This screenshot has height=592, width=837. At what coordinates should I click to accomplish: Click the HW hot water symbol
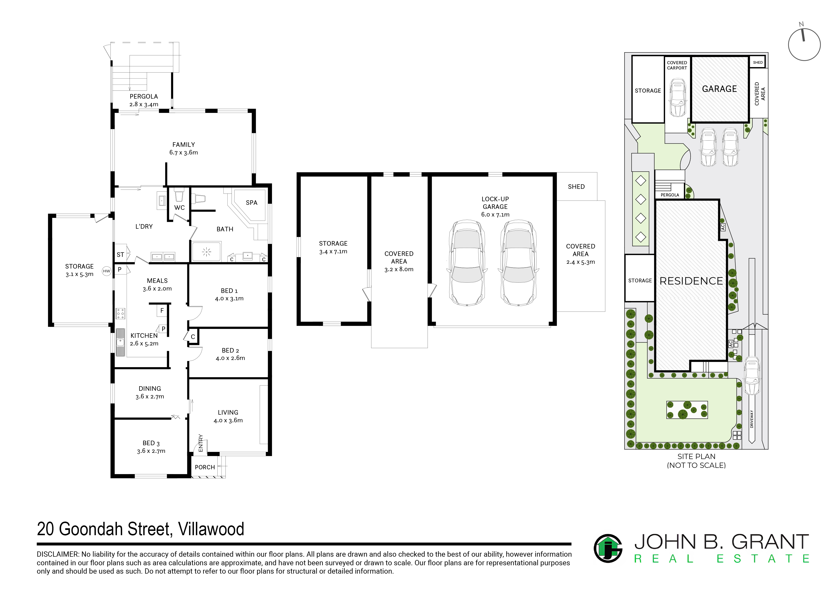[106, 271]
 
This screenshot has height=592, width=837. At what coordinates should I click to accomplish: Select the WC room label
[179, 207]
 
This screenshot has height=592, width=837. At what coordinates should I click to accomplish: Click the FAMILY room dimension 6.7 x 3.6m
[184, 153]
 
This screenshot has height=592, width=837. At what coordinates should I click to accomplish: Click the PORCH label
[205, 467]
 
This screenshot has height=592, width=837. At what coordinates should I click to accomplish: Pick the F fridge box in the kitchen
[162, 311]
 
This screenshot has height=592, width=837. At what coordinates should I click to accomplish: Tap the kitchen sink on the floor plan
[120, 342]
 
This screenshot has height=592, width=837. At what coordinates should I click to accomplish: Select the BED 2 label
[230, 350]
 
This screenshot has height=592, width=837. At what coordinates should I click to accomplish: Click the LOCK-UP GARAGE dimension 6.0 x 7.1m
[495, 214]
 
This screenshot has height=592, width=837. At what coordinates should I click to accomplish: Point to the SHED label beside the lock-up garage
[576, 187]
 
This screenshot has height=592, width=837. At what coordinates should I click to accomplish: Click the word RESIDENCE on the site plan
[691, 281]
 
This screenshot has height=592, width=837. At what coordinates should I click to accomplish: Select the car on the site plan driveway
[752, 376]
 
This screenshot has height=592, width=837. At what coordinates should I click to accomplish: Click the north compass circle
[804, 44]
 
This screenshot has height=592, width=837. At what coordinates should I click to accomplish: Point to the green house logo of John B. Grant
[608, 548]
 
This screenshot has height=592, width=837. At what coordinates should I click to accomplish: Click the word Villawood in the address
[211, 529]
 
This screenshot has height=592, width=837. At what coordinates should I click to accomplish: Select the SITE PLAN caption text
[696, 457]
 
